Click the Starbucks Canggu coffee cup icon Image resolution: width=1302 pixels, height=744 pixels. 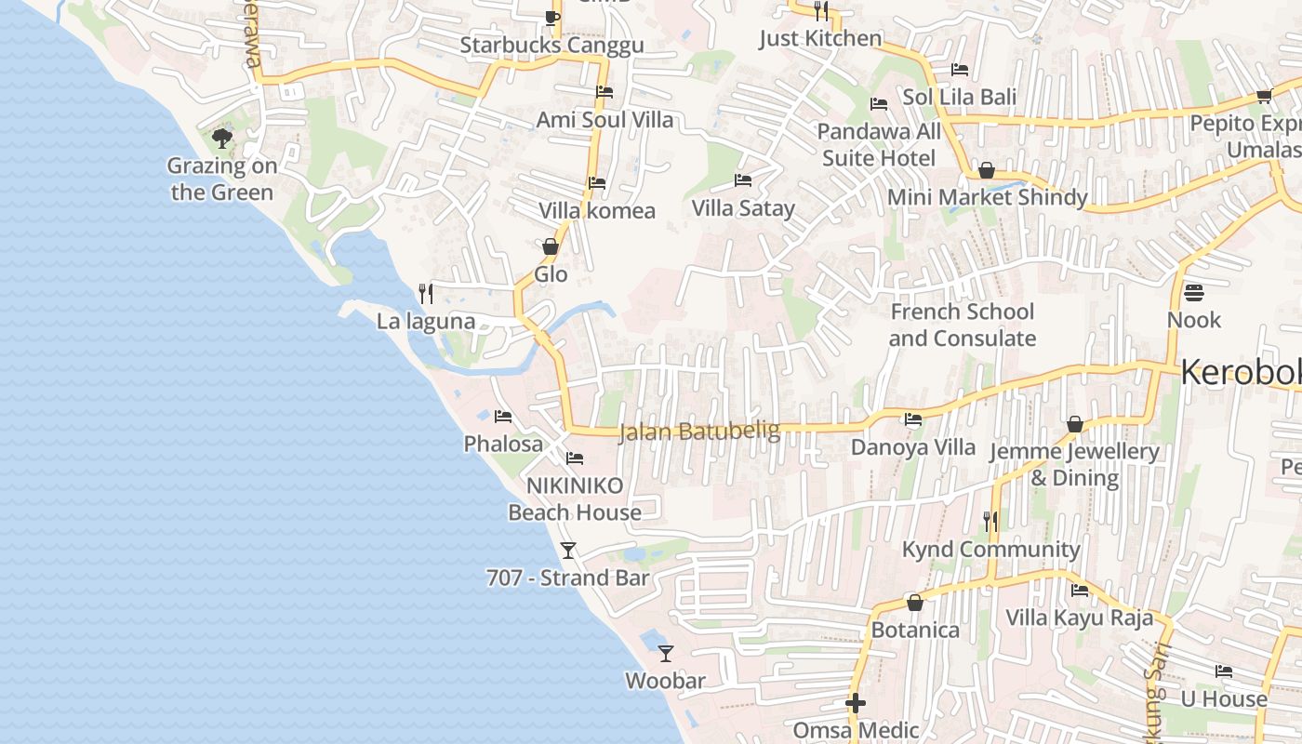(551, 17)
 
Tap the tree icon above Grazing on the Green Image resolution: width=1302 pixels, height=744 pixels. (221, 139)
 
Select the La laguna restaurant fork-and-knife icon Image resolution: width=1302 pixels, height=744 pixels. (426, 294)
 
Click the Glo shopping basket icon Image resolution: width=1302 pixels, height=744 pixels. (551, 246)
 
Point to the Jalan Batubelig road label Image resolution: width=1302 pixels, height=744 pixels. (686, 432)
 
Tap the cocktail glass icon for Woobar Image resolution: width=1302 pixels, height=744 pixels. (665, 653)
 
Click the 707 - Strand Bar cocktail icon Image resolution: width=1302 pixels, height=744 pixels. (568, 551)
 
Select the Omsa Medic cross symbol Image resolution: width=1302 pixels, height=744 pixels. (856, 703)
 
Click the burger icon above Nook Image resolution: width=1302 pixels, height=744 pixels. (1194, 292)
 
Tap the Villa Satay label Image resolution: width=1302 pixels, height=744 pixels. (743, 208)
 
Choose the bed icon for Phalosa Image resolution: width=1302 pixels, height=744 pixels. (503, 417)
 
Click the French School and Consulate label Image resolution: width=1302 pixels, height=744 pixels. (962, 325)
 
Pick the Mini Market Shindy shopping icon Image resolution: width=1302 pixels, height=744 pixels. (987, 170)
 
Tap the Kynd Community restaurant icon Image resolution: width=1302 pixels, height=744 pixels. (990, 522)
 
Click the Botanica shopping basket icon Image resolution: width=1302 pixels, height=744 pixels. (915, 603)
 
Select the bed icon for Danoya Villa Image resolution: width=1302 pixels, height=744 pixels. (913, 419)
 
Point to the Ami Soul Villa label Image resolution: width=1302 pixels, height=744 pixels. (604, 120)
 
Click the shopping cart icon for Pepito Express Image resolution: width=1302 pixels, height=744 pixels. (1264, 96)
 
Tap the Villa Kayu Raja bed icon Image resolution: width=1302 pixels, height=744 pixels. (1080, 590)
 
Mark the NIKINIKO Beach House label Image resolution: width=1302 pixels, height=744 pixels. (574, 498)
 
